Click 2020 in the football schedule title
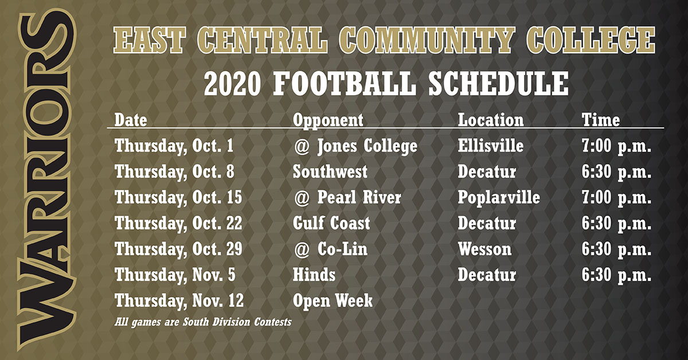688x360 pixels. coord(232,83)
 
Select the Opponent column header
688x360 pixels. coord(328,120)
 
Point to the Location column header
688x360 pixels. coord(491,120)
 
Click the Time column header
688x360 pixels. coord(601,120)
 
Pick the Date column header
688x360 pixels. coord(131,120)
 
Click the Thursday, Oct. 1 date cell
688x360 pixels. coord(174,146)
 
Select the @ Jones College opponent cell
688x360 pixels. coord(355,146)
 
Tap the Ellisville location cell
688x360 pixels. coord(491,146)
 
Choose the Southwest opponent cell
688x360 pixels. coord(330,171)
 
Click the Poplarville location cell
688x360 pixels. coord(499,198)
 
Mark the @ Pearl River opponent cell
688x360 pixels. coord(347,197)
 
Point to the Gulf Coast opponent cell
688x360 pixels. coord(331,223)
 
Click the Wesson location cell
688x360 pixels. coord(484,249)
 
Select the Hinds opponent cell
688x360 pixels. coord(314,275)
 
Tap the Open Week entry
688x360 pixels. coord(333,301)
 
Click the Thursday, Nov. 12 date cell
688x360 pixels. coord(179,301)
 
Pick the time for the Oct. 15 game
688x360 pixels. coord(616,198)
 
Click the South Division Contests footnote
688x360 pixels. coord(203,322)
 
